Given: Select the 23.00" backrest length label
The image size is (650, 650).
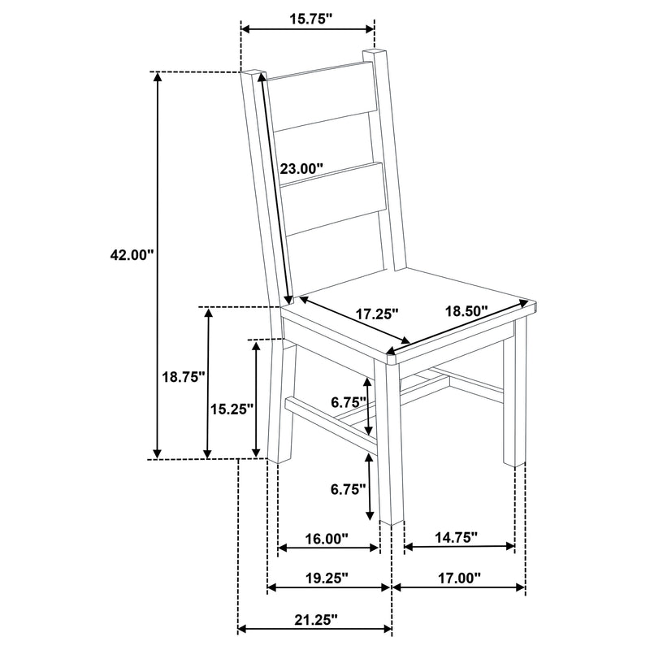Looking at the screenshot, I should coord(301,169).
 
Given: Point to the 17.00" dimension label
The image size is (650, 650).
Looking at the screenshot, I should coord(457,578).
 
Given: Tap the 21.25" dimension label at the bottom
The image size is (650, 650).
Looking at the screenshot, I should coord(315,619).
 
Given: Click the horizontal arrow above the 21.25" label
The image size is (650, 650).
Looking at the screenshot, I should coord(315,628).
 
